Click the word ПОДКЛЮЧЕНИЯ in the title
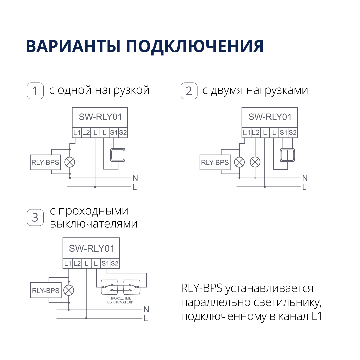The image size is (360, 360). (195, 46)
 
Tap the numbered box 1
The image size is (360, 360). (35, 91)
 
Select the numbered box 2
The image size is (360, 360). (189, 91)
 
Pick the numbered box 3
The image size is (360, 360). (35, 218)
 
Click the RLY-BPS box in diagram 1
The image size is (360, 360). (45, 163)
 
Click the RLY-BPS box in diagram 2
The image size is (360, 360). (215, 163)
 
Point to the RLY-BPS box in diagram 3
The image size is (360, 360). (46, 290)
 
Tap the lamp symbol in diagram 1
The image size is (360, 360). (70, 162)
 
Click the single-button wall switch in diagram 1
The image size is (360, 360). (117, 155)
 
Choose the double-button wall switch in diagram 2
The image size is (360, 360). (287, 155)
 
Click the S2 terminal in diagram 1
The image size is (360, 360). (123, 133)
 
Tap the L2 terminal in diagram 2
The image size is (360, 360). (256, 133)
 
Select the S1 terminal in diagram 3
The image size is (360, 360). (105, 263)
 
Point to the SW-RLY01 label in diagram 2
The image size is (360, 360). (270, 117)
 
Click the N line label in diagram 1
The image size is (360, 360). (135, 178)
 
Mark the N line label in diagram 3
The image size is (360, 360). (146, 310)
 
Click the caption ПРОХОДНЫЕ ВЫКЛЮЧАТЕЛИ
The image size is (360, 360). (120, 300)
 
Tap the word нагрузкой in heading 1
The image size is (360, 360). (122, 90)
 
